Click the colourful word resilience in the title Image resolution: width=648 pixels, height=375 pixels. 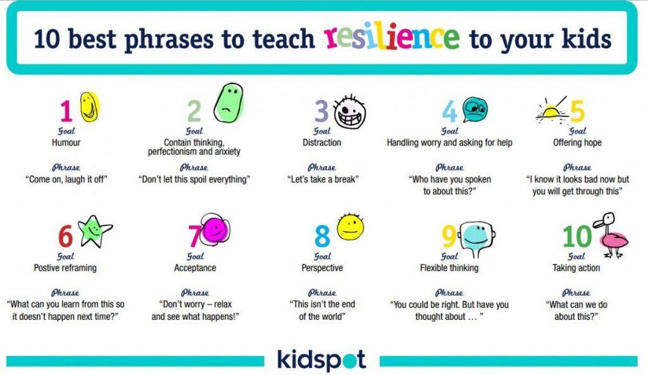coord(392,37)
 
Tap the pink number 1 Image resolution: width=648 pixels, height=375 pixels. coord(66,111)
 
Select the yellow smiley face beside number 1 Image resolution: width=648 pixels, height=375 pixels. coord(89,107)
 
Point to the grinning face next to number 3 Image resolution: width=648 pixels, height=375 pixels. coord(350,111)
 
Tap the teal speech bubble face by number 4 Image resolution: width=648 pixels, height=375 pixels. coord(475,110)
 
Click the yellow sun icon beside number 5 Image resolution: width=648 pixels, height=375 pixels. coord(551,111)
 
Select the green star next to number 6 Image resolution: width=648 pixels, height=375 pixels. coord(95,231)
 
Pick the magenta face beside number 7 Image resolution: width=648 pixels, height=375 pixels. coord(215,229)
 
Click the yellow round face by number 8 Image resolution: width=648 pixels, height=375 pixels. coord(351,227)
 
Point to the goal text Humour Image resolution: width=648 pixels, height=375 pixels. coord(66,143)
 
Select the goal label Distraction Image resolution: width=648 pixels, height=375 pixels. coord(322,143)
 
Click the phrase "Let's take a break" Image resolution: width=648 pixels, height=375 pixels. coord(323,179)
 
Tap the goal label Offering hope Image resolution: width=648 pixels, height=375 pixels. coord(577,143)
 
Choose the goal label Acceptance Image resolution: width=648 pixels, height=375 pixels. coord(195,268)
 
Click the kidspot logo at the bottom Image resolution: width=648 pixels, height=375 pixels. coord(321,360)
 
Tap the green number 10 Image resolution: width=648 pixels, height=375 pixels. coord(577,237)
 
